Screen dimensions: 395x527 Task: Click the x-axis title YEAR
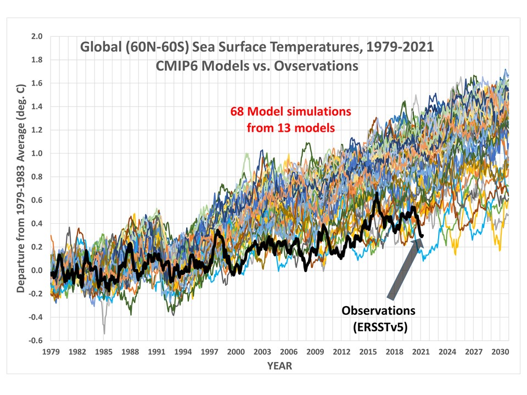279,365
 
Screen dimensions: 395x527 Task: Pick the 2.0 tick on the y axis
37,36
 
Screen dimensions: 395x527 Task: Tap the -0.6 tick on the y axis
36,340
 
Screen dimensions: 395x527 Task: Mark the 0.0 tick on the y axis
37,270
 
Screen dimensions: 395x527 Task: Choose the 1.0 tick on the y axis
37,153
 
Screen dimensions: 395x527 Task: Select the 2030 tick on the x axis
498,351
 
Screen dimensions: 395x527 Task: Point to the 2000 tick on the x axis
235,351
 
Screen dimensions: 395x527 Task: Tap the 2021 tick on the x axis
419,351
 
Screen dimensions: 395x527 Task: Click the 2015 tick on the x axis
367,351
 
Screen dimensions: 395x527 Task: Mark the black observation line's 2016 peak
377,193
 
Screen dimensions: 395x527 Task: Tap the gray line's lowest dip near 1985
104,333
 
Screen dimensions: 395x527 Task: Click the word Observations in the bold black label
378,311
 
